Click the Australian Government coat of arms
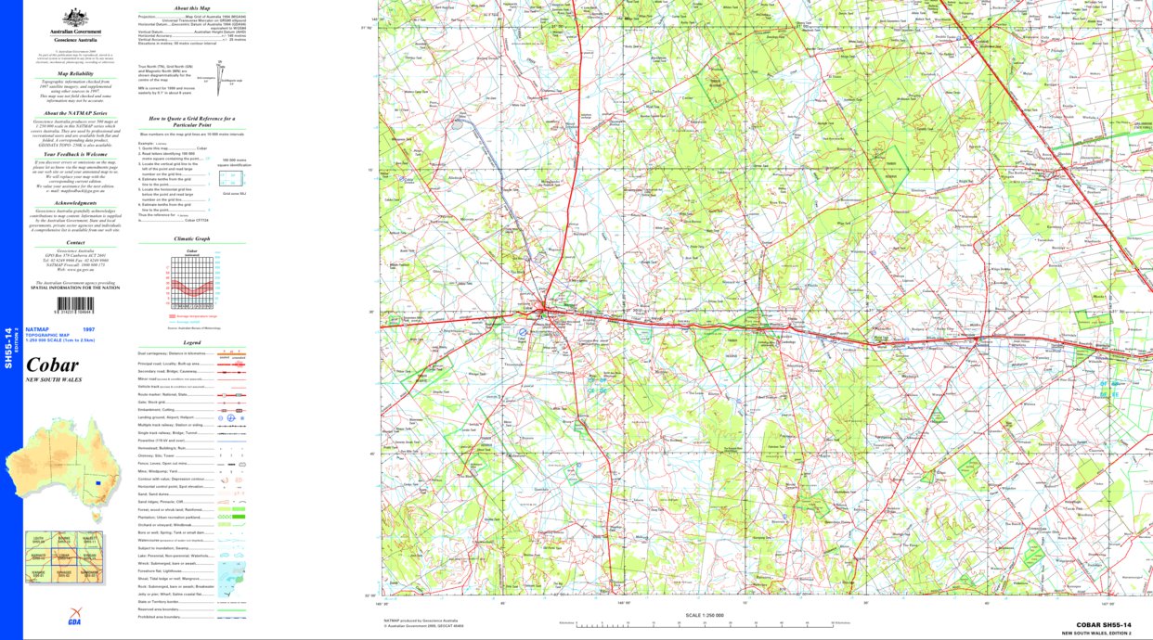pyautogui.click(x=75, y=17)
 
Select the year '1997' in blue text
pyautogui.click(x=88, y=329)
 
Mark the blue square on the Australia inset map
pyautogui.click(x=97, y=482)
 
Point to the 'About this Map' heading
pyautogui.click(x=192, y=7)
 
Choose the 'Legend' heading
pyautogui.click(x=192, y=342)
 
